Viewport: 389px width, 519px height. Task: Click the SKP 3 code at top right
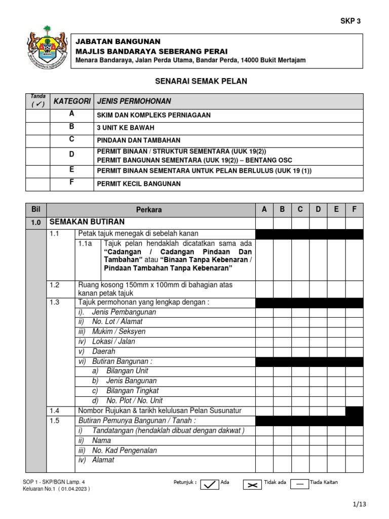pyautogui.click(x=350, y=21)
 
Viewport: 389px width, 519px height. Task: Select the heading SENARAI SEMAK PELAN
pyautogui.click(x=194, y=81)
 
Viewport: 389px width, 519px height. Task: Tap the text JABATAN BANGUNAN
pyautogui.click(x=118, y=42)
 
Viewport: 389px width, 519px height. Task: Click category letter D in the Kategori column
pyautogui.click(x=71, y=154)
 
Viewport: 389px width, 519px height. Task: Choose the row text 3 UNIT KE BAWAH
pyautogui.click(x=126, y=128)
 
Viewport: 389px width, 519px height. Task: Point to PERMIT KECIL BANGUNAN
pyautogui.click(x=138, y=183)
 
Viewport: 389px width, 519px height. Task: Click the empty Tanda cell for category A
pyautogui.click(x=37, y=115)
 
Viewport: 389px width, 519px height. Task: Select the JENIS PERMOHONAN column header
pyautogui.click(x=134, y=101)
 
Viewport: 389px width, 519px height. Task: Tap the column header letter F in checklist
pyautogui.click(x=354, y=209)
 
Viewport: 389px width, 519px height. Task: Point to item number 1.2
pyautogui.click(x=55, y=285)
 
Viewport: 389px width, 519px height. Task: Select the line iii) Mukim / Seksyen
pyautogui.click(x=111, y=331)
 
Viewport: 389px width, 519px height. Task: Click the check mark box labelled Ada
pyautogui.click(x=208, y=485)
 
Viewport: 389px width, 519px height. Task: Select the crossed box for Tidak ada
pyautogui.click(x=251, y=485)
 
